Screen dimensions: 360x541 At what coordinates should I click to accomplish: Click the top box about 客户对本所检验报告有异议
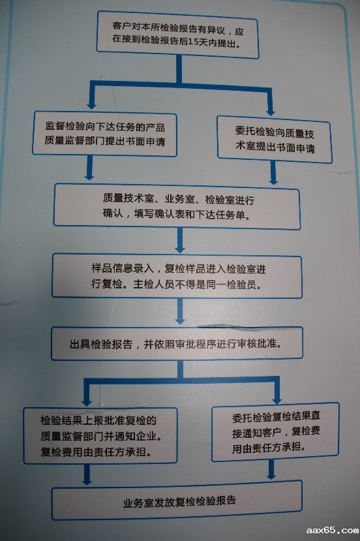(x=177, y=35)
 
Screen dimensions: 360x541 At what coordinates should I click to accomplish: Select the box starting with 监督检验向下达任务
(x=104, y=134)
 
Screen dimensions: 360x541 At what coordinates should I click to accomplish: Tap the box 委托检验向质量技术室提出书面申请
(x=275, y=140)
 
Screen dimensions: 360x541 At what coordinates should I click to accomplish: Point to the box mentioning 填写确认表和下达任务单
(x=177, y=207)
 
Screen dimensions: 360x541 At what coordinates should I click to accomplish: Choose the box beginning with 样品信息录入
(x=177, y=276)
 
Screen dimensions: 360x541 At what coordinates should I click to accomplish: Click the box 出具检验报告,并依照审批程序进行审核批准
(x=177, y=343)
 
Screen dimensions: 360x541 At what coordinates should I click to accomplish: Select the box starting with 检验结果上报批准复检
(x=100, y=435)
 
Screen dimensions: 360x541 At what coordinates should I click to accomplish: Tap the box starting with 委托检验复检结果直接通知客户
(x=275, y=432)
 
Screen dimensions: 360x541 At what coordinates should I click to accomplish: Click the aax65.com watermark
(x=332, y=531)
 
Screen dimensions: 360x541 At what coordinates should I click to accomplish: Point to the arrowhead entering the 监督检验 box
(x=91, y=104)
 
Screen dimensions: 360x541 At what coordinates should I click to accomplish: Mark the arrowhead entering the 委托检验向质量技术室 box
(x=271, y=111)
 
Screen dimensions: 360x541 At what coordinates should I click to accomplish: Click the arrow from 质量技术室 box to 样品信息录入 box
(x=179, y=241)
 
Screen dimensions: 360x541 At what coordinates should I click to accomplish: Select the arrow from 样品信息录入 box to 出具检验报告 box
(x=179, y=311)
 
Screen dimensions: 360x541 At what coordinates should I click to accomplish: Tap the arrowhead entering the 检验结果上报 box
(x=87, y=402)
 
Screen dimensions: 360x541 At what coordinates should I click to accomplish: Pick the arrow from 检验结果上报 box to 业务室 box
(x=87, y=474)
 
